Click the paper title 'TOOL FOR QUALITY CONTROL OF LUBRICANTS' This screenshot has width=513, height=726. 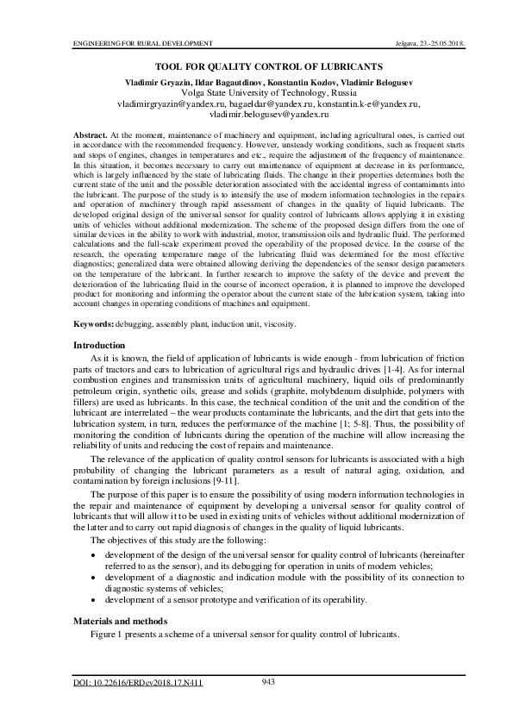tap(256, 66)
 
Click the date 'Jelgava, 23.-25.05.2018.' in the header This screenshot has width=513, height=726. tap(407, 42)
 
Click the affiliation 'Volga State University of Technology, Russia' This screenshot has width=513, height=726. tap(256, 91)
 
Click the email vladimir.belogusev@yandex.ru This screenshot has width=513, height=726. tap(256, 114)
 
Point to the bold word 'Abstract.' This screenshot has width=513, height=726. tap(89, 135)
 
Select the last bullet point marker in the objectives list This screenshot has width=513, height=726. tap(94, 599)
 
